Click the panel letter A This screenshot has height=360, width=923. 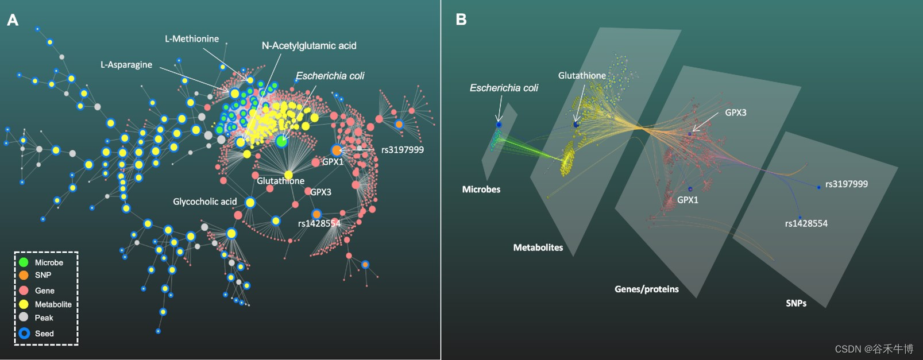pos(13,20)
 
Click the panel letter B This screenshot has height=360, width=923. pos(461,20)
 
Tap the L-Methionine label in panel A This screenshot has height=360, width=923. pos(192,39)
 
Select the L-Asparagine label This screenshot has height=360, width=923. pos(126,65)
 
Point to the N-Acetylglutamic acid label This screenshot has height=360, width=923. pos(309,46)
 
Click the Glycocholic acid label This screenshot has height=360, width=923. pos(204,202)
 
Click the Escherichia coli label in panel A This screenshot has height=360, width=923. pos(330,76)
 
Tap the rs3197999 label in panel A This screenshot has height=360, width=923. pos(403,150)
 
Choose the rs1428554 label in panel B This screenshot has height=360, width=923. pos(806,223)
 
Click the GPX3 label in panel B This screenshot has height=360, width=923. pos(735,113)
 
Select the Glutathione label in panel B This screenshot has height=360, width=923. pos(582,76)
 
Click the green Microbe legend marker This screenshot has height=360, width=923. pos(24,262)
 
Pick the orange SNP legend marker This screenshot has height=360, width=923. pos(24,275)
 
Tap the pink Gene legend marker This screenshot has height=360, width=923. pos(24,290)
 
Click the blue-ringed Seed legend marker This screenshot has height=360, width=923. pos(24,333)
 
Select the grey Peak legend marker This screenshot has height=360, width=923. pos(24,317)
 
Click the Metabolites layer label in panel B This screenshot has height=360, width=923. pos(538,247)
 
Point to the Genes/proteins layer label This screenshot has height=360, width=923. pos(646,289)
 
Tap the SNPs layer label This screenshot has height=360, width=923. pos(795,303)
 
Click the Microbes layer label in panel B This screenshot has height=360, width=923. pos(481,189)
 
